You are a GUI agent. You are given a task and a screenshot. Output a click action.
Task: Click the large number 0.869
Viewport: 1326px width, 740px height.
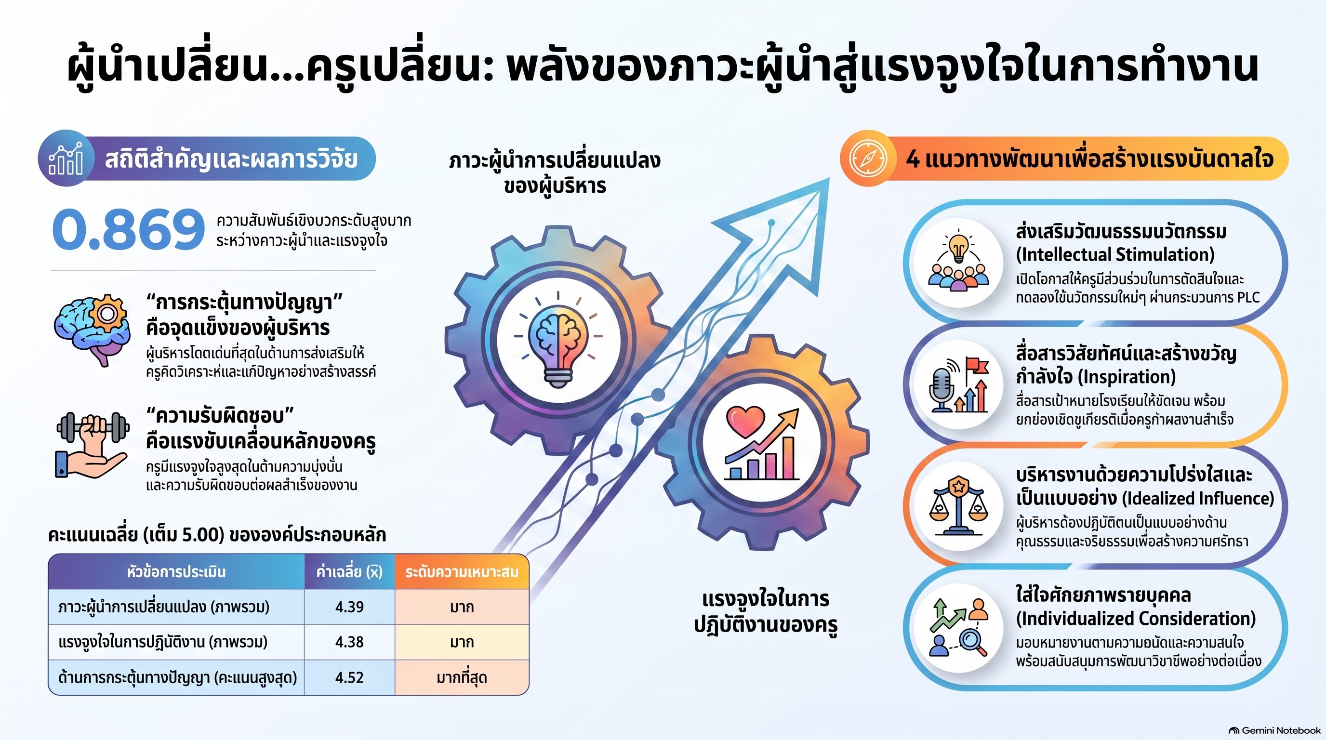point(128,229)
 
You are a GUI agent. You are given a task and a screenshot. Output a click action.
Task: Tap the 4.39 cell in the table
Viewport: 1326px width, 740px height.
point(349,607)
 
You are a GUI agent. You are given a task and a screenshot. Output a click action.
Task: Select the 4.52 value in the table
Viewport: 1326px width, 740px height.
point(349,677)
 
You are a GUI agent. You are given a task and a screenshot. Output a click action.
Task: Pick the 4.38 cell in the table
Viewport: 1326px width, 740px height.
point(349,642)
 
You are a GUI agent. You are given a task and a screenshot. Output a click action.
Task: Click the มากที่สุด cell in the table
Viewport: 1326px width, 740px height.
point(462,677)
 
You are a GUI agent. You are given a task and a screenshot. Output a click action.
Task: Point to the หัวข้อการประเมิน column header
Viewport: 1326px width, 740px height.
point(176,572)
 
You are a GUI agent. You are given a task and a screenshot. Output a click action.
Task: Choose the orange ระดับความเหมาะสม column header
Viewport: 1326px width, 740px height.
point(462,572)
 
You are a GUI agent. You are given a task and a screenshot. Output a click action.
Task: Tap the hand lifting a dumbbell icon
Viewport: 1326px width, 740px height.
point(92,445)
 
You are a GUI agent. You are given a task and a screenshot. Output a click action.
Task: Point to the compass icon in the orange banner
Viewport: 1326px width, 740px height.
point(868,158)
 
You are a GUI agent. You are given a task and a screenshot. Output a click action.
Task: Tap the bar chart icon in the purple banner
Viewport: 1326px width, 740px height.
point(66,158)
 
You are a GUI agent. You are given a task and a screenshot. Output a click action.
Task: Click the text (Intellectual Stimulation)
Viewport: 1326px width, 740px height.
point(1115,255)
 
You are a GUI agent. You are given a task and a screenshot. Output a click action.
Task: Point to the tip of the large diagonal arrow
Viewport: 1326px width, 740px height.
point(829,179)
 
